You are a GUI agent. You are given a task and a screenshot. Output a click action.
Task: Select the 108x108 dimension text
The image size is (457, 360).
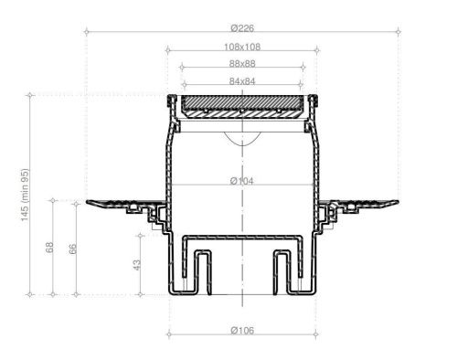pos(242,47)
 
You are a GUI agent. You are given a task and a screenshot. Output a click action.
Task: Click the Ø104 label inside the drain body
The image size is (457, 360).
pos(242,181)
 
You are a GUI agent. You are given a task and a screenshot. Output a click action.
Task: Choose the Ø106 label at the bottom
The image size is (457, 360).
pos(242,329)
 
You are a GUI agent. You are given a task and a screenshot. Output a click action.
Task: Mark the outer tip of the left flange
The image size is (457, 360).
pos(88,202)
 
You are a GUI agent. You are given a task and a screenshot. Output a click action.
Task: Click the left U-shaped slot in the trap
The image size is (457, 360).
pos(201,270)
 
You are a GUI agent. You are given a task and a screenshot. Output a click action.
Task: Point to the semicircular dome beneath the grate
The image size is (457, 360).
pos(242,138)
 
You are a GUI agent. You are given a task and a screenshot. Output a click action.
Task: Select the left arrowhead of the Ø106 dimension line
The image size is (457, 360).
pos(171,337)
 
